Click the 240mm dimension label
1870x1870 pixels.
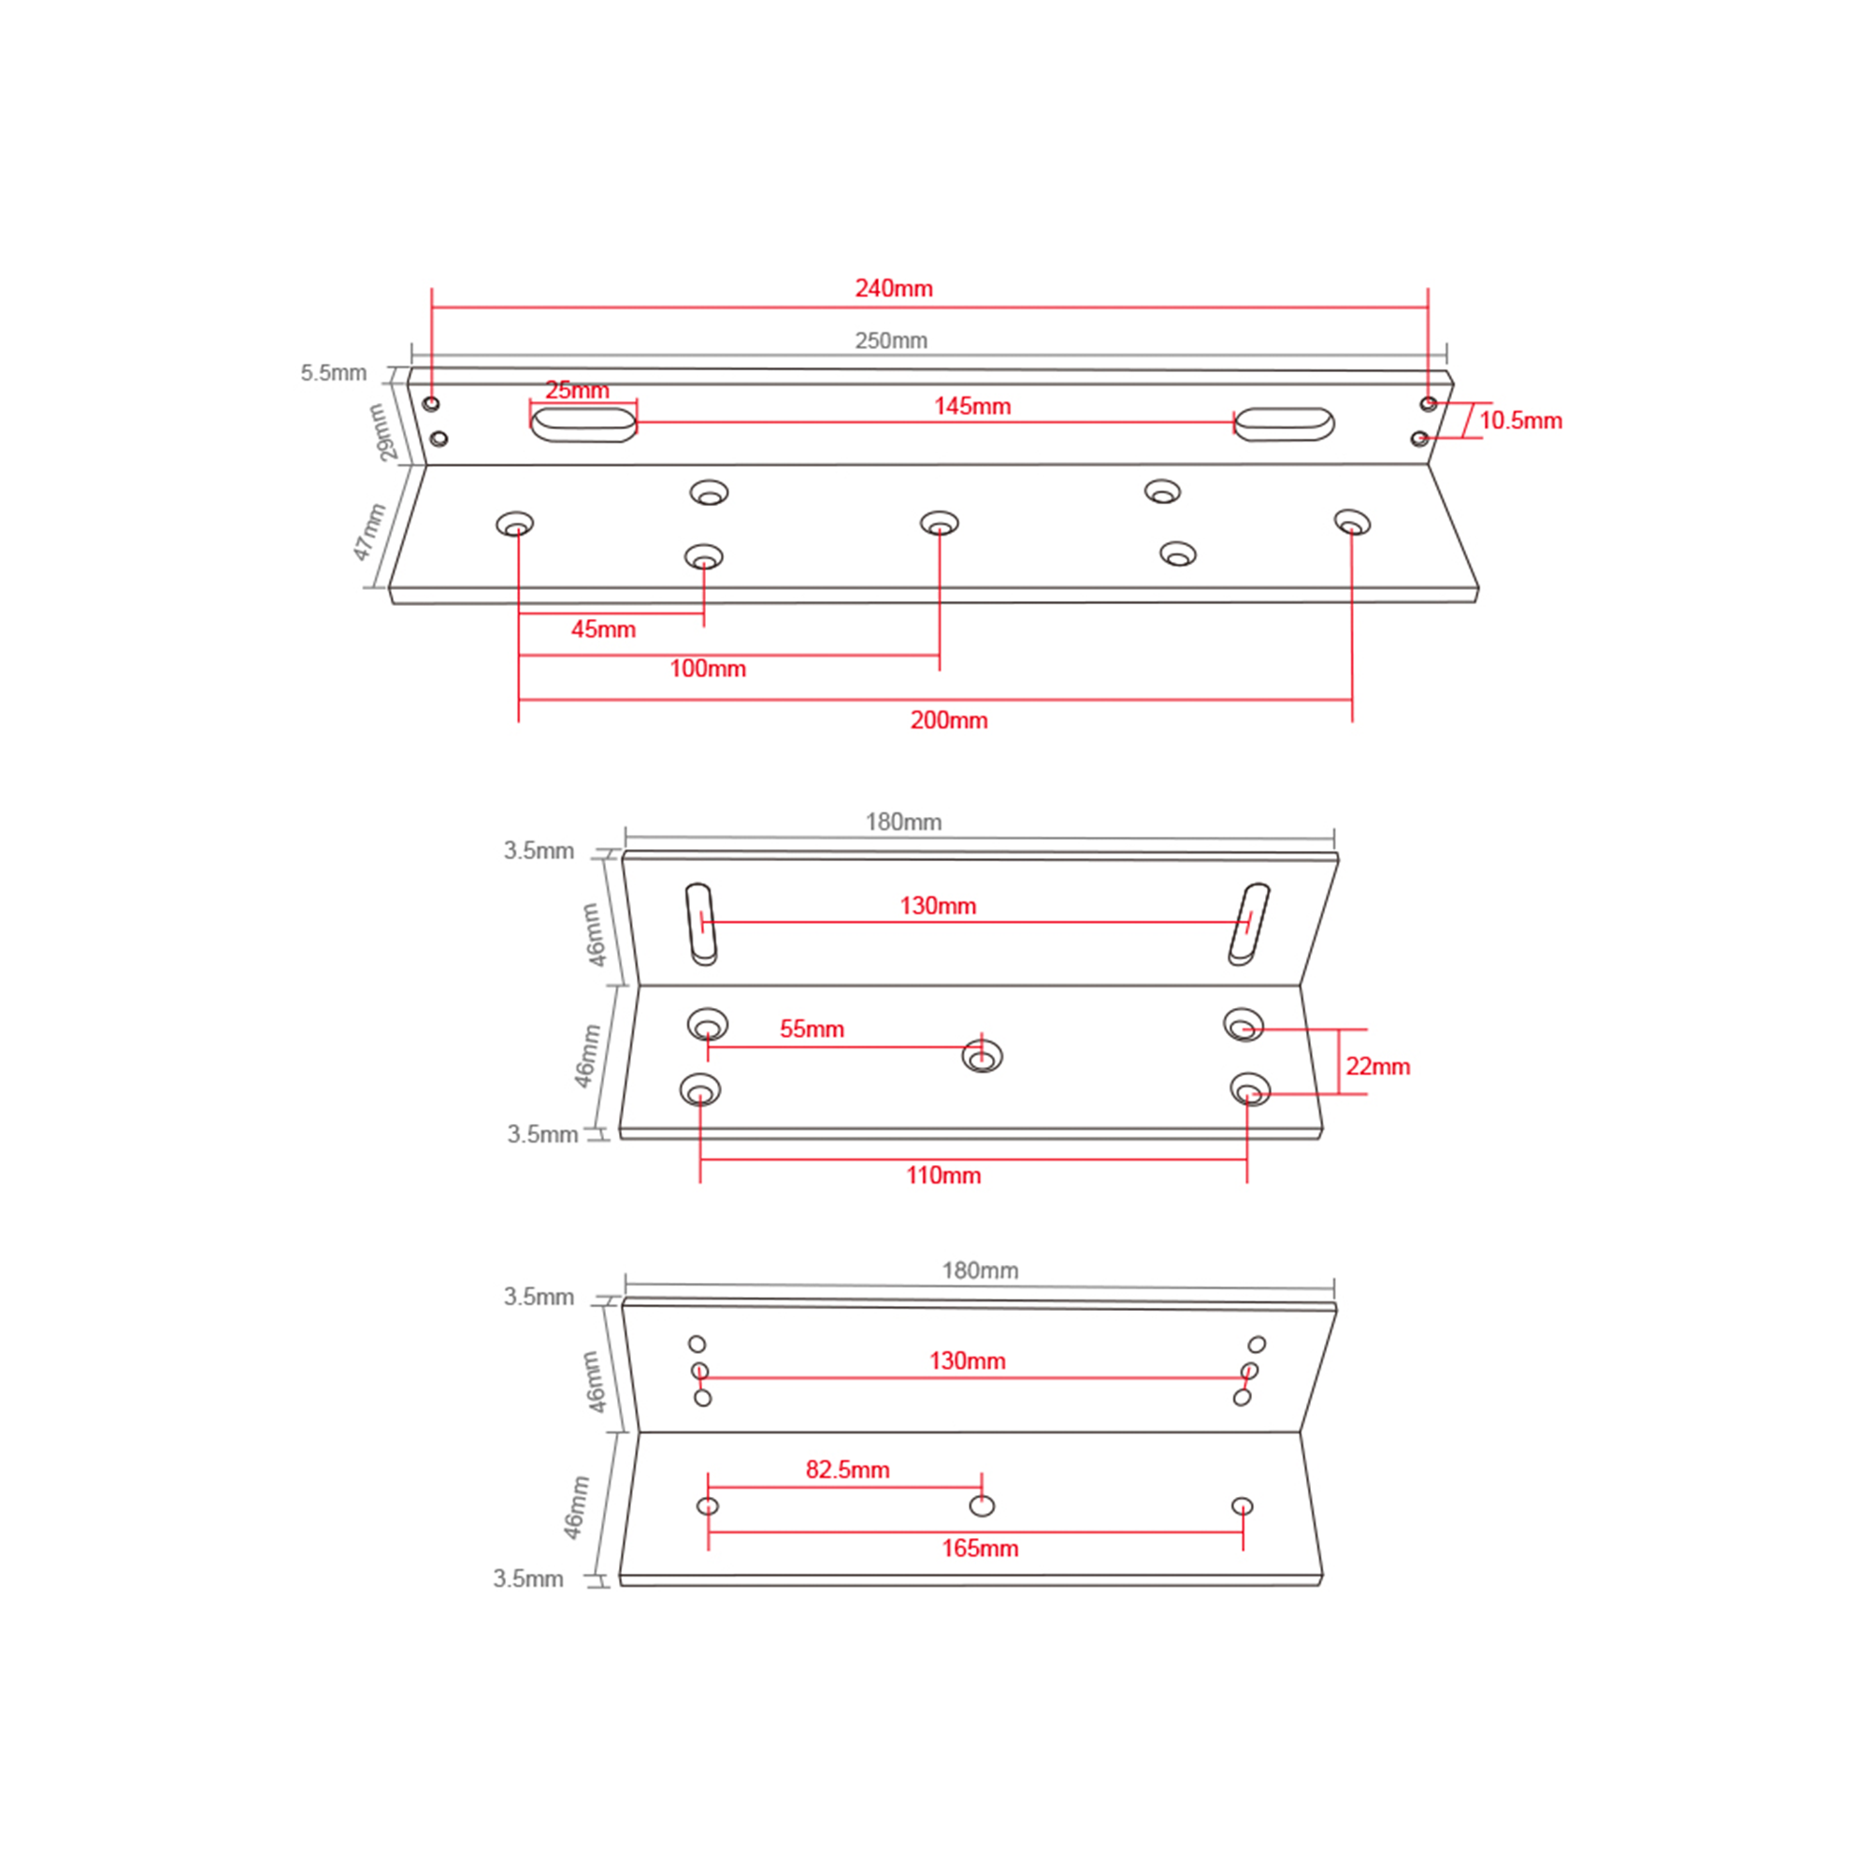point(893,288)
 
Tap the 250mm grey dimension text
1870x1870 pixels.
point(890,340)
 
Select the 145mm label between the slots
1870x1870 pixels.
point(971,407)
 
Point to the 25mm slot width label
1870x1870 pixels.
point(577,390)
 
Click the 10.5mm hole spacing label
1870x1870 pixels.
point(1520,421)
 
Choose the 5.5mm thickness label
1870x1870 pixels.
point(333,373)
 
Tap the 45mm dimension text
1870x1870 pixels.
point(603,629)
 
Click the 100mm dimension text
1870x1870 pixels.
point(708,669)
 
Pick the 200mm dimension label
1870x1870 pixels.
point(948,720)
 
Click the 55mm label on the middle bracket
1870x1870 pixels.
point(813,1028)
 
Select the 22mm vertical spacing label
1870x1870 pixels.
point(1377,1067)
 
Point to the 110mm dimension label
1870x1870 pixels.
point(943,1175)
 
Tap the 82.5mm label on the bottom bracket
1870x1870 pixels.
point(848,1469)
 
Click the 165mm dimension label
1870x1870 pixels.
point(981,1547)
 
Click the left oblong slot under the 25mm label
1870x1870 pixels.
point(583,424)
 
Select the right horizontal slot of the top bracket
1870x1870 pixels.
point(1285,424)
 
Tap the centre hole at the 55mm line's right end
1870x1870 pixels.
point(983,1056)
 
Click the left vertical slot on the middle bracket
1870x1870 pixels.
point(702,925)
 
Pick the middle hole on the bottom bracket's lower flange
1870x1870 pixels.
point(982,1505)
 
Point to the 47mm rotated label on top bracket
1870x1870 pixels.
point(369,531)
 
